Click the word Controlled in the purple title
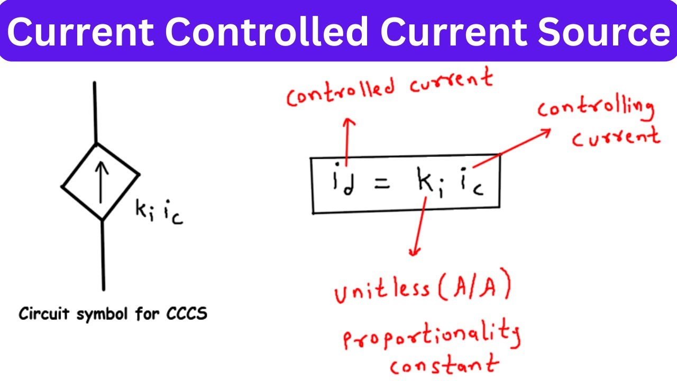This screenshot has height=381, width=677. [x=267, y=32]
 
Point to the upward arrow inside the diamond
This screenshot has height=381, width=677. [x=101, y=183]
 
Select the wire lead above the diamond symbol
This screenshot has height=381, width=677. [x=95, y=113]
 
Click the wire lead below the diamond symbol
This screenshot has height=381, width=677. [x=103, y=255]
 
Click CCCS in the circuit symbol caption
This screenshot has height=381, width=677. [x=187, y=314]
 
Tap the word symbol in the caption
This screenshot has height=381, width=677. [x=102, y=314]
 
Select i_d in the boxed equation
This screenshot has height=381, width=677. [x=343, y=179]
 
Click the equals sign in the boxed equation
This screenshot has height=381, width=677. [x=382, y=184]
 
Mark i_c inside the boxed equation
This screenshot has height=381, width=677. [x=472, y=182]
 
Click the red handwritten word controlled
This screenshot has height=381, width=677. [x=341, y=93]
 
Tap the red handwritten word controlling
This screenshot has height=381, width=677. [x=596, y=110]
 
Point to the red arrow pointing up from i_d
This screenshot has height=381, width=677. [x=347, y=142]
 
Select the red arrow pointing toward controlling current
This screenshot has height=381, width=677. [x=511, y=148]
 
